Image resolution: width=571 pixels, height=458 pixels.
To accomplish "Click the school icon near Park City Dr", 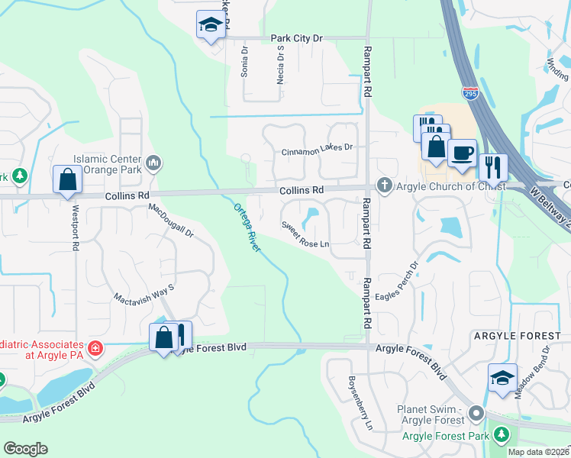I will (209, 25).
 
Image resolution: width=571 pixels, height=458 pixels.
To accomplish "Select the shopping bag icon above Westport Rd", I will (67, 179).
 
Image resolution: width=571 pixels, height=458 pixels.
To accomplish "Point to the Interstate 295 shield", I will (471, 92).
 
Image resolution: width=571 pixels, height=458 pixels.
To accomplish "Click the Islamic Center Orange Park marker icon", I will (153, 161).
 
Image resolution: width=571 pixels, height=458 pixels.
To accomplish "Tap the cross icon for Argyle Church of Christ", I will (384, 185).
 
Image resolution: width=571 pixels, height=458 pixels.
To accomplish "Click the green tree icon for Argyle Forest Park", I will (501, 435).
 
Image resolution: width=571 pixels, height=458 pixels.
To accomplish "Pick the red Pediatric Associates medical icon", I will (95, 349).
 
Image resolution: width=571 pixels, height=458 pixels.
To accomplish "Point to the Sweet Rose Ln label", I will (305, 235).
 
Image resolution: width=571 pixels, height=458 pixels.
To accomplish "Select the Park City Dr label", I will (297, 37).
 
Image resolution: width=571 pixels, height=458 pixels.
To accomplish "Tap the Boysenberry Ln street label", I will (360, 401).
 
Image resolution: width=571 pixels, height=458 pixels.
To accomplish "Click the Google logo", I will (26, 448).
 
